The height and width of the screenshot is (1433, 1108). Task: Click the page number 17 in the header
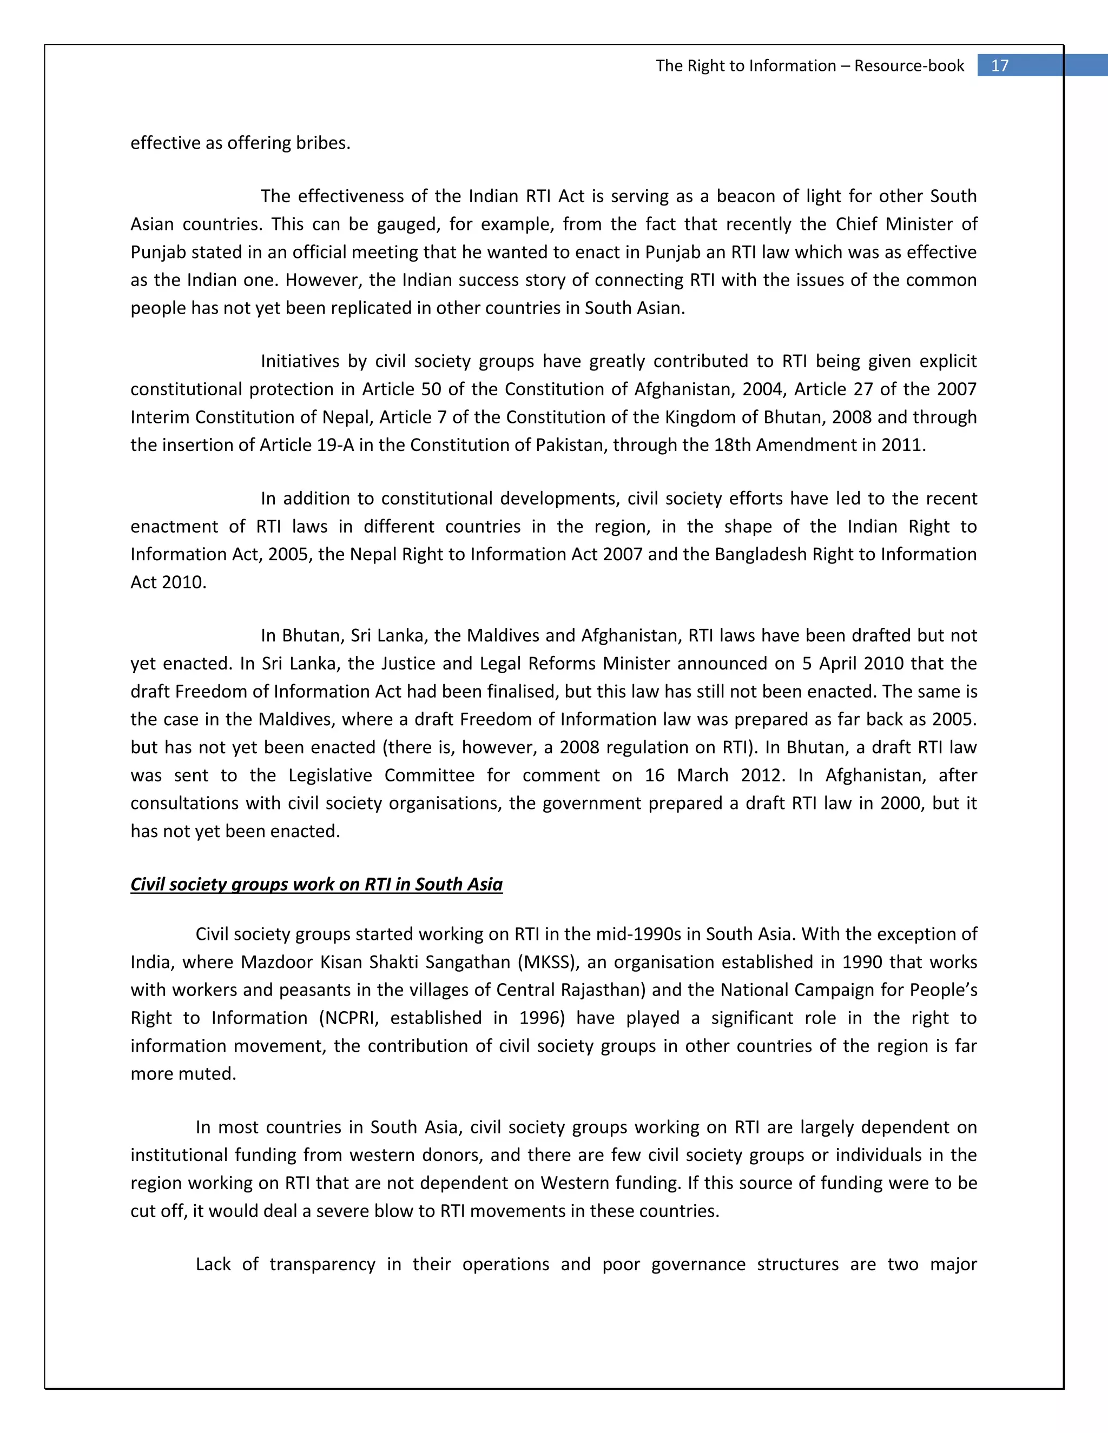tap(999, 65)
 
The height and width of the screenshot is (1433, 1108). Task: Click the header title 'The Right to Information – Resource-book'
tap(809, 65)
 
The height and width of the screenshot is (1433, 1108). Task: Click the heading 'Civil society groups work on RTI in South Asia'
tap(316, 885)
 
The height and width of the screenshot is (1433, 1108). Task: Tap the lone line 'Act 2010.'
tap(168, 582)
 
